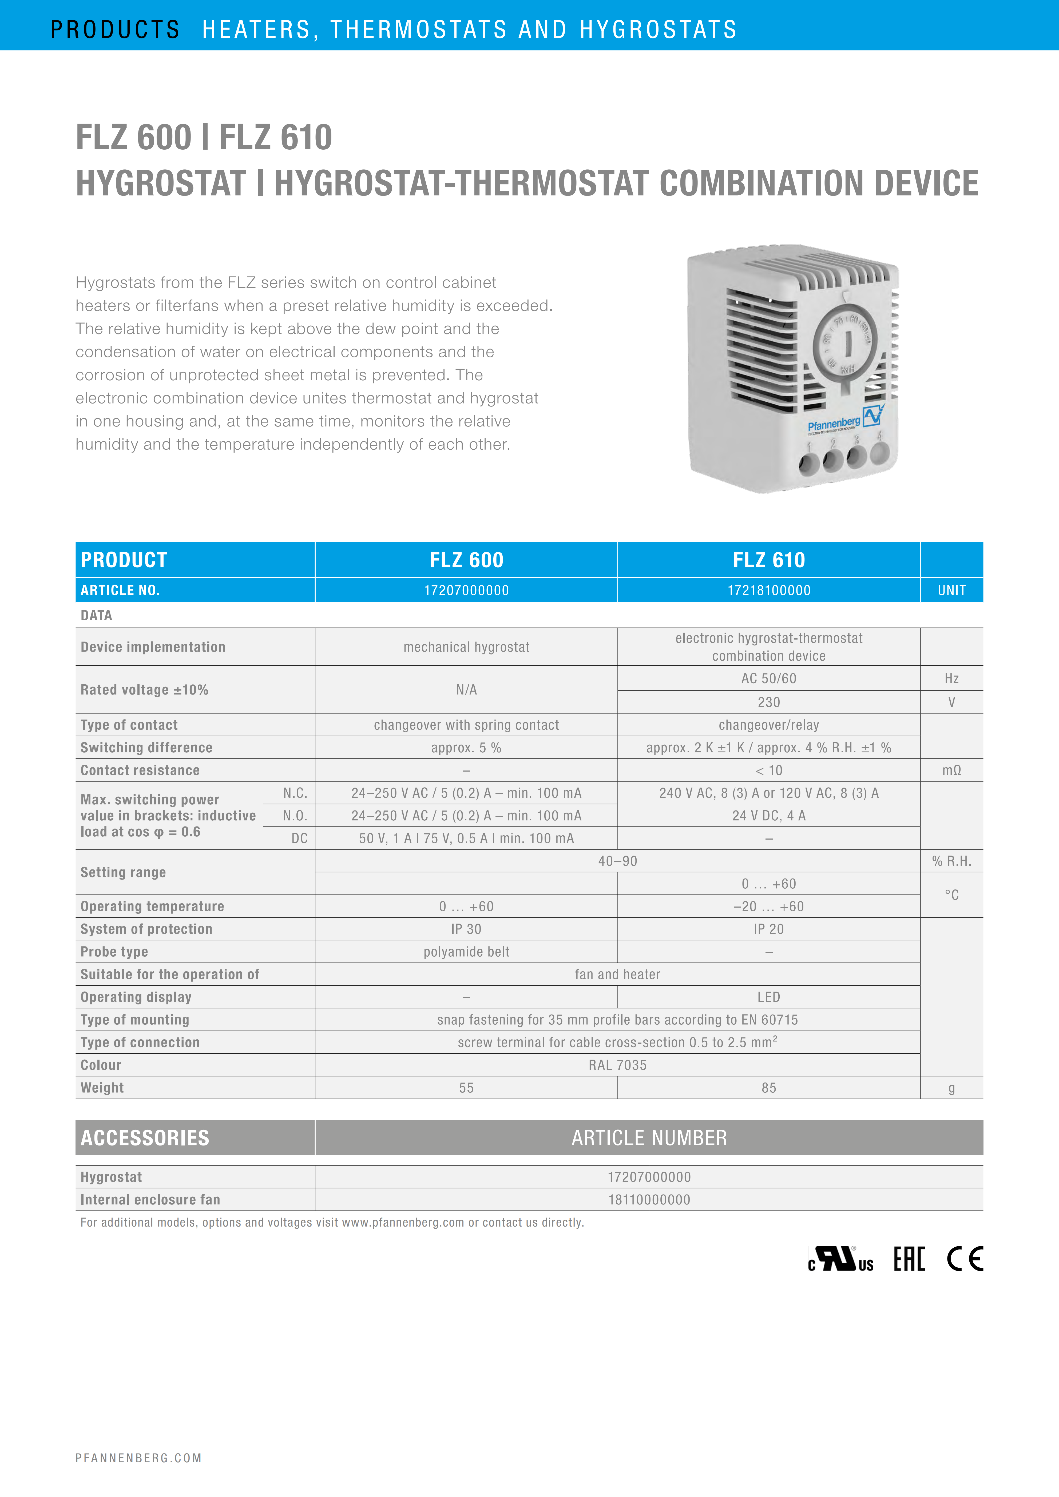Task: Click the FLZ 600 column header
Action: [x=466, y=560]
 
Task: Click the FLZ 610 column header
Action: [x=769, y=560]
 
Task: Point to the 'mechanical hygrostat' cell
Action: [x=466, y=647]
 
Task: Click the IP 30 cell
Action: [x=466, y=929]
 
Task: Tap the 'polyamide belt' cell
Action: [x=466, y=952]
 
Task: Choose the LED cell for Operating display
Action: [x=769, y=997]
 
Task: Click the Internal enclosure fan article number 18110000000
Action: [x=649, y=1200]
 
